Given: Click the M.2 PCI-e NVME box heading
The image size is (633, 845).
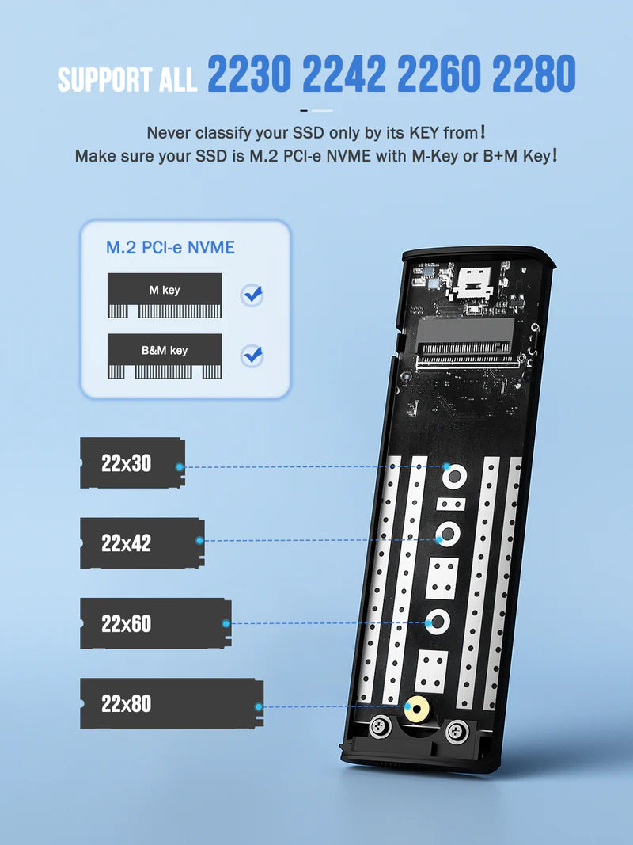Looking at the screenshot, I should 170,248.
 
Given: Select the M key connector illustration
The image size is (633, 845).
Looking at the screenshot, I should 165,296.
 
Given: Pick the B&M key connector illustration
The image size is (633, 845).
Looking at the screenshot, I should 165,356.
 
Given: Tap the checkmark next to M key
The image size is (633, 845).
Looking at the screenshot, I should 252,296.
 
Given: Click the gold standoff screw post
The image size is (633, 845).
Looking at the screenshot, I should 412,707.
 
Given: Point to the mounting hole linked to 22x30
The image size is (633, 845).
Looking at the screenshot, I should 453,476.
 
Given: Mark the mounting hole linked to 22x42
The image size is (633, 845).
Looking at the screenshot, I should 447,536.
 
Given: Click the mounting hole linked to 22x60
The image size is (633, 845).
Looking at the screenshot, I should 436,622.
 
